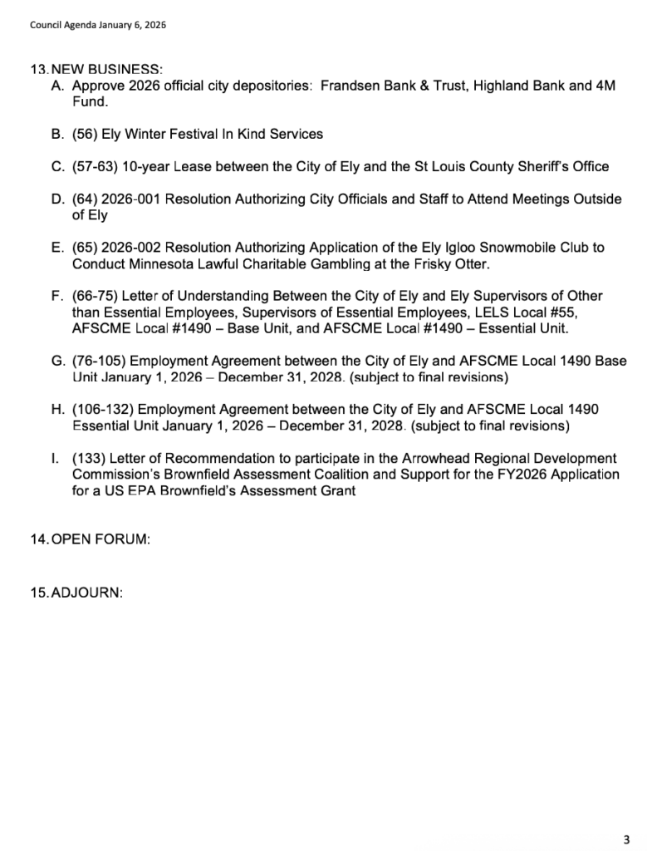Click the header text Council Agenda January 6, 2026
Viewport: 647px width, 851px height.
point(98,25)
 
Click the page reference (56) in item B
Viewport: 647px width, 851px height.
point(85,134)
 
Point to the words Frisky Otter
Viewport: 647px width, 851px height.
point(458,264)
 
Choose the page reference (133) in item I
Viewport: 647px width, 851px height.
point(89,459)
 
